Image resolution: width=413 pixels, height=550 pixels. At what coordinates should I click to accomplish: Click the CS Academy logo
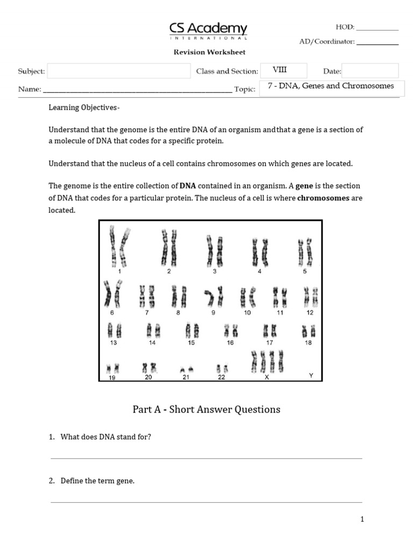[x=209, y=31]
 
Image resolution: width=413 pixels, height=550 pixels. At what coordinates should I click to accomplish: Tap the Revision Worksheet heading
[x=209, y=52]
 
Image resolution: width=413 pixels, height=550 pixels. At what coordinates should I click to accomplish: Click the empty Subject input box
[x=119, y=71]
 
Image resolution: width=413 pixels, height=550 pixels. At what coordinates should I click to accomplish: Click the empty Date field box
[x=370, y=71]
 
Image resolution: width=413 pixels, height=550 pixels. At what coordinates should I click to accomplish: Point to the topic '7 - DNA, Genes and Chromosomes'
[x=330, y=86]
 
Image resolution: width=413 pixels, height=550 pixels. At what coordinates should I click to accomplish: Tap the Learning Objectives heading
[x=84, y=107]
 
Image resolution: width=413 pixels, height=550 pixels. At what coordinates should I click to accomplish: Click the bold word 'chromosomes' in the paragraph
[x=323, y=198]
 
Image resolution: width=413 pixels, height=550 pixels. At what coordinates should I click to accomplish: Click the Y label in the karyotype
[x=311, y=375]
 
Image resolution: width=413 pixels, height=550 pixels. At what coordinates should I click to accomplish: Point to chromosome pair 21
[x=186, y=370]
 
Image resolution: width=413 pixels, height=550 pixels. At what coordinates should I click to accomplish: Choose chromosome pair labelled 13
[x=113, y=329]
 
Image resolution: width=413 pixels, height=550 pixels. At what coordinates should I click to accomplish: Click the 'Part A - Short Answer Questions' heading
[x=206, y=409]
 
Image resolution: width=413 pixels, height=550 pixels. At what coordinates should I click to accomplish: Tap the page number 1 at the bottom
[x=362, y=519]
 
